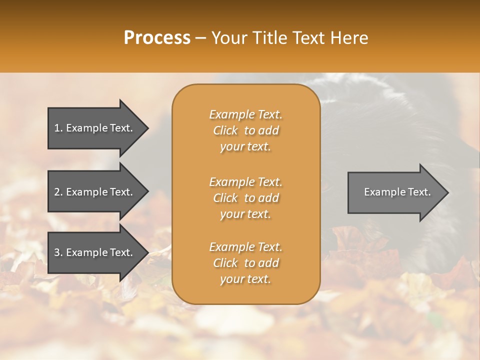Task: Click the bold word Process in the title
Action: click(157, 38)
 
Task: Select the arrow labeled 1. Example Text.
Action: click(95, 128)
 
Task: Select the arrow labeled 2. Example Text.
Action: click(95, 192)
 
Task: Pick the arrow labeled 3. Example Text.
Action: click(95, 252)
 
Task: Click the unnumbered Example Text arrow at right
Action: click(395, 192)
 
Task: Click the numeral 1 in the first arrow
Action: click(57, 128)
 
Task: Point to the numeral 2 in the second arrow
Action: click(57, 192)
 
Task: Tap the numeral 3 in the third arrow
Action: click(57, 252)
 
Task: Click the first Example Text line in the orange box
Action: click(245, 114)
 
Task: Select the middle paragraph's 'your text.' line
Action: click(245, 214)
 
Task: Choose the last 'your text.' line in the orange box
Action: click(245, 279)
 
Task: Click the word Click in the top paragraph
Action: click(225, 130)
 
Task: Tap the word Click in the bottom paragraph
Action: click(225, 263)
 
